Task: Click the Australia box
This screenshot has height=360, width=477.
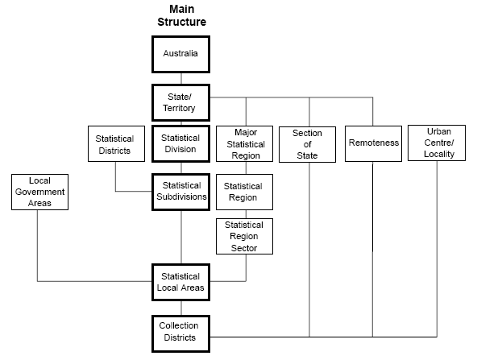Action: click(x=181, y=54)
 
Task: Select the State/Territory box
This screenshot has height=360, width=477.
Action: click(x=181, y=102)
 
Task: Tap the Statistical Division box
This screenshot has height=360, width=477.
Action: click(x=180, y=144)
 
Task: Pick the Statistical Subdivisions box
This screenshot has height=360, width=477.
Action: click(x=180, y=191)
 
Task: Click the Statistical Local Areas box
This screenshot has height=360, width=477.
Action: click(x=180, y=282)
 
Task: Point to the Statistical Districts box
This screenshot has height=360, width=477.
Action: click(x=115, y=144)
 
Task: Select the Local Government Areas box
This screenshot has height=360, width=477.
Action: click(x=39, y=192)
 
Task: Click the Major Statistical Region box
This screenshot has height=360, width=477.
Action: click(x=246, y=143)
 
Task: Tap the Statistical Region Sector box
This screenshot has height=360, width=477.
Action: click(x=245, y=237)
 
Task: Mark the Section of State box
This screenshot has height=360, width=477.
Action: click(x=307, y=144)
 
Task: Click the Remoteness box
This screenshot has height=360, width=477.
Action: click(x=373, y=143)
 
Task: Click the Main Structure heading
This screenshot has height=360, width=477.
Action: click(x=181, y=15)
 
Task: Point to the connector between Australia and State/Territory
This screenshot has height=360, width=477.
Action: click(x=181, y=79)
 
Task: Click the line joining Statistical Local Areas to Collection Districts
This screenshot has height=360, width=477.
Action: click(x=181, y=307)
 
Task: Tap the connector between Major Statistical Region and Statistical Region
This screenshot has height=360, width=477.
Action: click(x=246, y=168)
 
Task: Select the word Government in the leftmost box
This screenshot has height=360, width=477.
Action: click(x=39, y=192)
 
